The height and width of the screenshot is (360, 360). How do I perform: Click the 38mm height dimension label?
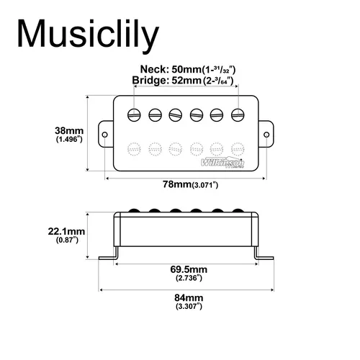tap(70, 130)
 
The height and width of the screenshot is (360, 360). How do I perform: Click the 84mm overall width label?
tap(189, 297)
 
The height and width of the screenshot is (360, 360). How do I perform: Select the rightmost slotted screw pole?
tap(238, 114)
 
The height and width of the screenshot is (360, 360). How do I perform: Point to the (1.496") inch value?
tap(70, 140)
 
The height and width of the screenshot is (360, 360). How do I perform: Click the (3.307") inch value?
tap(189, 306)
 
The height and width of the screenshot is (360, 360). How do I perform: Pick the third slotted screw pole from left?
tap(176, 114)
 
